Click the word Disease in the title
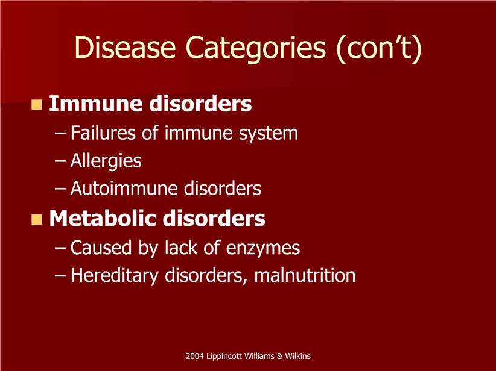coord(125,48)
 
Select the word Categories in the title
coord(256,48)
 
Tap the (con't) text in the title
coord(379,48)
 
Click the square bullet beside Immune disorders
coord(37,105)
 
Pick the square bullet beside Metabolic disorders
coord(37,219)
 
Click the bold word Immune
coord(96,104)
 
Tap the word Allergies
coord(106,161)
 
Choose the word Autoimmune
coord(125,189)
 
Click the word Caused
coord(101,248)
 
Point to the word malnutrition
coord(305,275)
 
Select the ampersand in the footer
coord(279,356)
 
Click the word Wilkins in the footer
coord(297,356)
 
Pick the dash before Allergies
coord(60,161)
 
